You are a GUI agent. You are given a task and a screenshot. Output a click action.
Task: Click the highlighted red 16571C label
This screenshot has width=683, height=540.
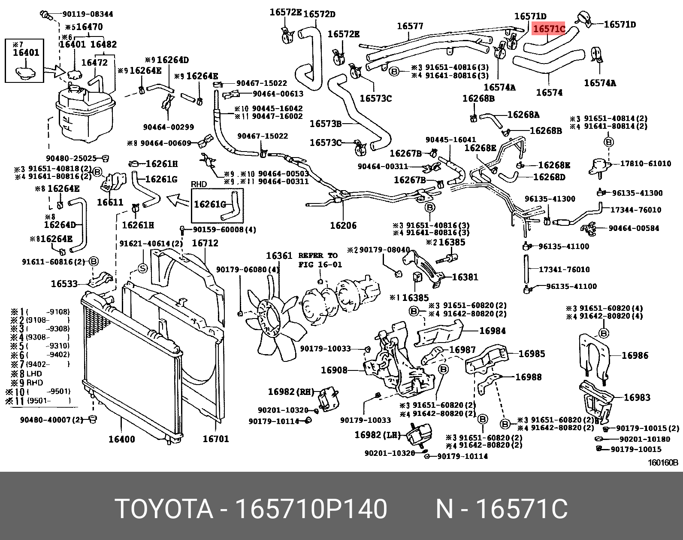549,29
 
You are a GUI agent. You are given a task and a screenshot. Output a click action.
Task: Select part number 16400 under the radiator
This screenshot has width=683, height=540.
121,439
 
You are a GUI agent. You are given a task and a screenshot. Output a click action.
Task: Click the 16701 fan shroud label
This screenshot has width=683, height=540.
215,439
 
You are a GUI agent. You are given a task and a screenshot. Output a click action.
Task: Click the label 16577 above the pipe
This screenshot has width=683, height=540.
410,26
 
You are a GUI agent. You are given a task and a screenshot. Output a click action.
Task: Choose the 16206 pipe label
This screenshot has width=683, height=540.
343,225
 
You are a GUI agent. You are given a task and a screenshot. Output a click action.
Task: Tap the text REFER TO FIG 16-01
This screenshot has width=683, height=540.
320,260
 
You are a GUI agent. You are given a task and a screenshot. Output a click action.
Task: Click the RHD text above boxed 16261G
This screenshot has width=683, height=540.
199,184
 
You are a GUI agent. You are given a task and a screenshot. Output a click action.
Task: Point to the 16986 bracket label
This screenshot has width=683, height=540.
635,355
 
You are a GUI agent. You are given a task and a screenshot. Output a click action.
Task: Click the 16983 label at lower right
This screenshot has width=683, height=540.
637,397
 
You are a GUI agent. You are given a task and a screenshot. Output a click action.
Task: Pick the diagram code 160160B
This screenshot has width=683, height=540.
662,463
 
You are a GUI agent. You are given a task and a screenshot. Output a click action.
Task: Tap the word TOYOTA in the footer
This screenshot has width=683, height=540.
164,510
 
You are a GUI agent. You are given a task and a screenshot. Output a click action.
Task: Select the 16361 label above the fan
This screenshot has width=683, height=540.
279,256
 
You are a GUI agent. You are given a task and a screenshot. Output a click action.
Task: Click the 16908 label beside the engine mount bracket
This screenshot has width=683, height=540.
334,370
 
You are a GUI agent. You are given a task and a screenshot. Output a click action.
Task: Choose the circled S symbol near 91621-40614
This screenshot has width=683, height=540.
142,268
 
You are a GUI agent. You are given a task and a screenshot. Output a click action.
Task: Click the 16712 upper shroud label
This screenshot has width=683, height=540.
205,243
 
